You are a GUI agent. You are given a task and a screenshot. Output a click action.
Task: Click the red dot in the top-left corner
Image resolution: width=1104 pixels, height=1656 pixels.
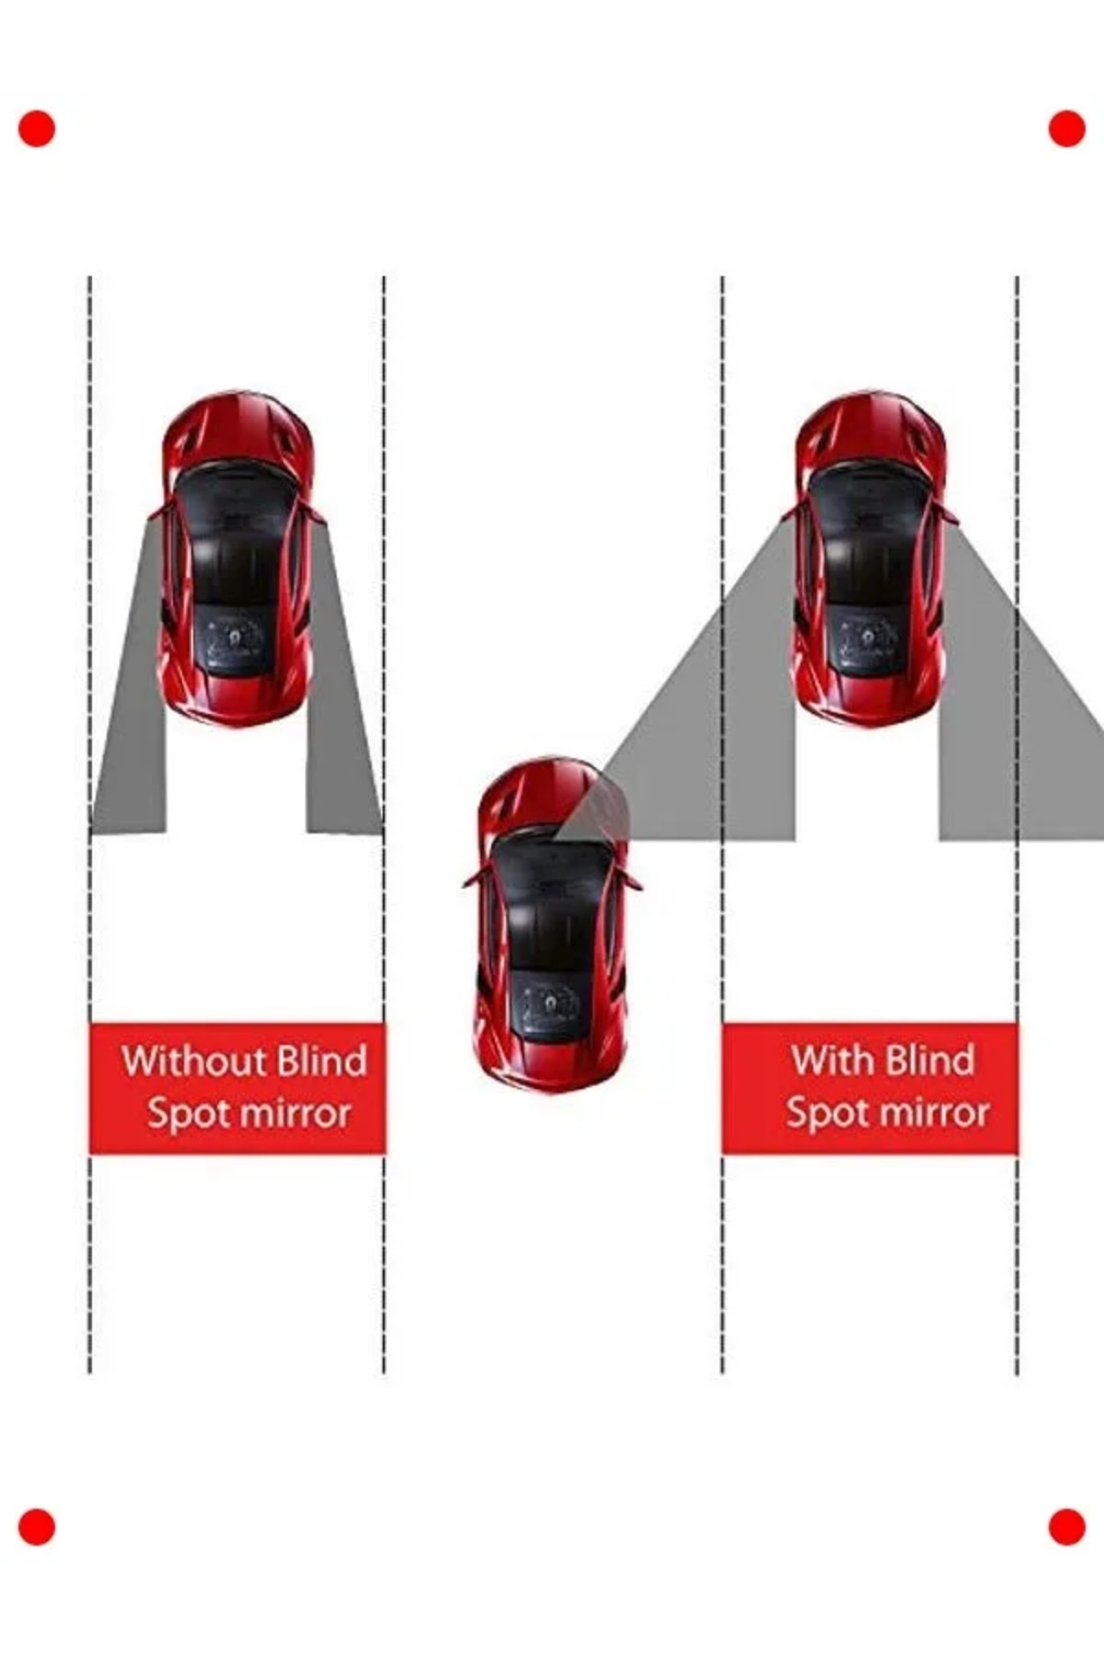tap(37, 129)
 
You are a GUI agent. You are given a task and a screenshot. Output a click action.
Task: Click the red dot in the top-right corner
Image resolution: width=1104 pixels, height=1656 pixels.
tap(1067, 129)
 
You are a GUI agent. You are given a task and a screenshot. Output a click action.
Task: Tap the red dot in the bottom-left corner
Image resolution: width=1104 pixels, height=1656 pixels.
tap(37, 1527)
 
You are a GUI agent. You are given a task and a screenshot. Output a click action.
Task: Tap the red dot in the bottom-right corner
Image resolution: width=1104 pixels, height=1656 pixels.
tap(1067, 1527)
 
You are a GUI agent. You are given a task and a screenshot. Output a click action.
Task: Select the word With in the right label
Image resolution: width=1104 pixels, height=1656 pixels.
tap(832, 1061)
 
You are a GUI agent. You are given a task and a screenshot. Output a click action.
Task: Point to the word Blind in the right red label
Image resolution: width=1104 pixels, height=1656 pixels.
tap(929, 1061)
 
